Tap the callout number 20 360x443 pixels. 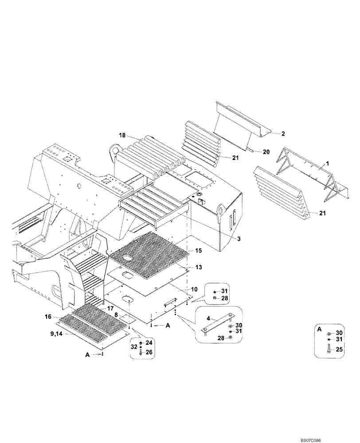coord(266,152)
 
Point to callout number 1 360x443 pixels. coord(328,164)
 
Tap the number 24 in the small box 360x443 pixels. coord(149,342)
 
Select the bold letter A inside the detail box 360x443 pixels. coord(320,330)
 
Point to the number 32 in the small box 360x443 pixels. coord(134,348)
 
